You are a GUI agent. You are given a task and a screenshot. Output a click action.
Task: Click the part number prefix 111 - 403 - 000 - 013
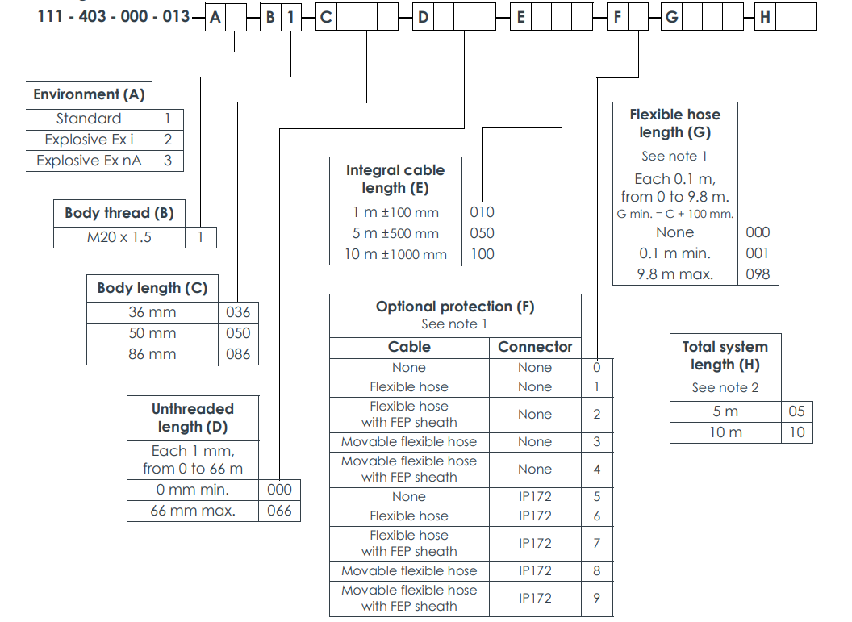[114, 16]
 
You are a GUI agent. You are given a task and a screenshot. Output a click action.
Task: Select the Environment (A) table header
[89, 94]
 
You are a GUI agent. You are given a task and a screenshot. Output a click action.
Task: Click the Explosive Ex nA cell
[89, 161]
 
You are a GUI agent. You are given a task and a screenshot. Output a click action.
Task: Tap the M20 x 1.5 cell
[119, 237]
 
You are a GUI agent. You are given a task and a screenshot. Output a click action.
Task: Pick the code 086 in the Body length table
[238, 354]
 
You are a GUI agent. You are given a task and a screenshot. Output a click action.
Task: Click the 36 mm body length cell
[152, 312]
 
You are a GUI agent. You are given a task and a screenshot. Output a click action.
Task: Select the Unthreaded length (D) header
[192, 418]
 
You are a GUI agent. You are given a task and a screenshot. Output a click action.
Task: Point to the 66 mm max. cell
[192, 511]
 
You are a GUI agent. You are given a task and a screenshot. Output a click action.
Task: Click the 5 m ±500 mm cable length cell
[395, 233]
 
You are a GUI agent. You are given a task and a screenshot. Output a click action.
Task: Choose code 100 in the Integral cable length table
[482, 254]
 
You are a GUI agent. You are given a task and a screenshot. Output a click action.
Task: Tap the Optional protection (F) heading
[455, 307]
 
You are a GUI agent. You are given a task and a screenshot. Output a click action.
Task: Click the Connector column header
[535, 347]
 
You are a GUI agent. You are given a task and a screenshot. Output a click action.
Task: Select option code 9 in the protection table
[597, 598]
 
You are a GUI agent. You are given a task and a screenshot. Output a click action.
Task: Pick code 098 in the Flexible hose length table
[758, 274]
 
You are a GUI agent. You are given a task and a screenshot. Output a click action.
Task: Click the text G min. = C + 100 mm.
[675, 214]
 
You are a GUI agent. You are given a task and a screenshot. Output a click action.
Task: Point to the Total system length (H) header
[725, 355]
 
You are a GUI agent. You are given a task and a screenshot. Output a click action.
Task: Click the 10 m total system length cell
[725, 432]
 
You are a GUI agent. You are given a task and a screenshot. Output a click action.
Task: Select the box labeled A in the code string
[215, 16]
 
